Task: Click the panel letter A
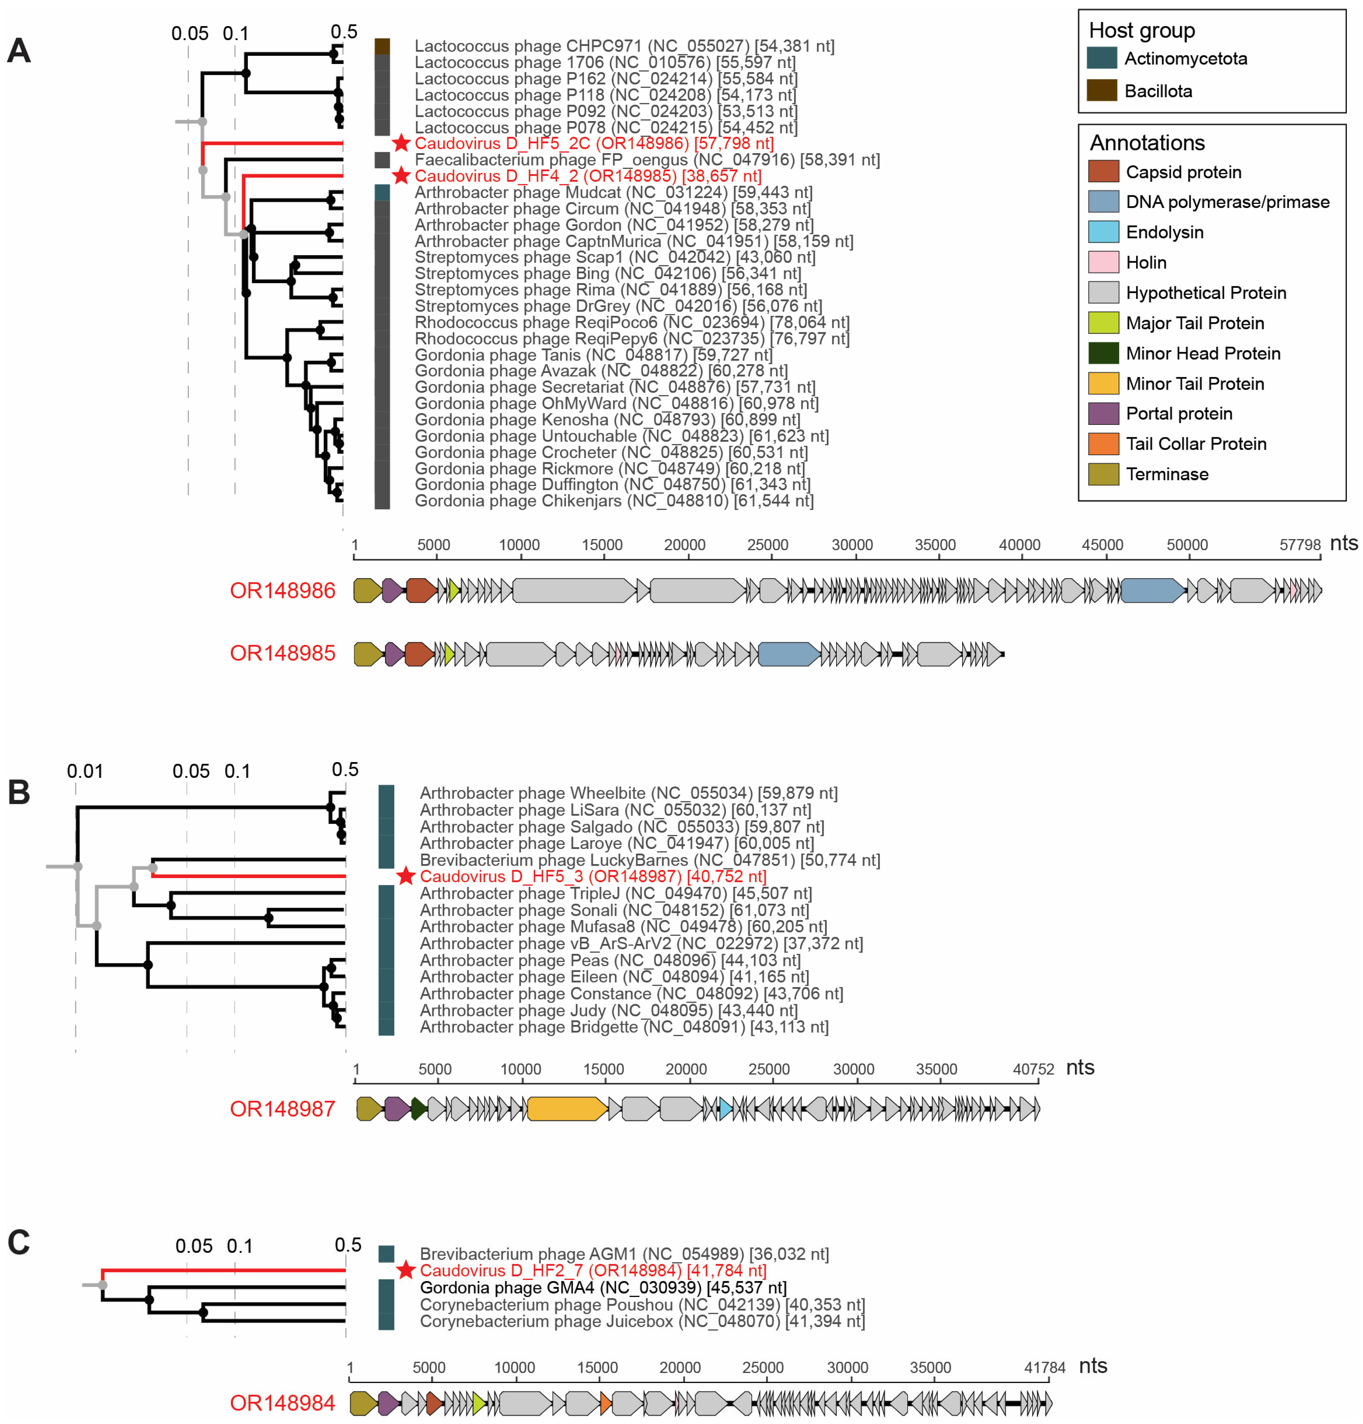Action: (x=19, y=51)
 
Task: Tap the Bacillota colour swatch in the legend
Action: (x=1102, y=91)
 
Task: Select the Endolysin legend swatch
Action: (x=1103, y=232)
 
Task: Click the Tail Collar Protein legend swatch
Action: (x=1103, y=444)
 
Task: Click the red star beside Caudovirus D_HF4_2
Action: (x=401, y=176)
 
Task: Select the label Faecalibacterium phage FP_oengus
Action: (x=647, y=160)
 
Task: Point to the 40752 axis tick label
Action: (x=1033, y=1069)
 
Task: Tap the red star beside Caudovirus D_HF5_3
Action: (x=405, y=876)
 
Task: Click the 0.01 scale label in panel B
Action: (x=85, y=771)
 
